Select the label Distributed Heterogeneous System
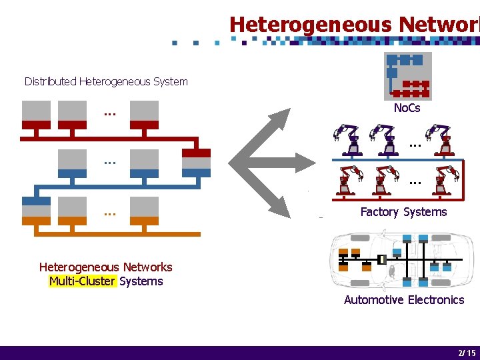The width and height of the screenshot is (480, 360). coord(106,81)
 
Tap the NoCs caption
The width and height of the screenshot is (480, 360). coord(407,108)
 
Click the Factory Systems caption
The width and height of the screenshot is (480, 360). coord(403,212)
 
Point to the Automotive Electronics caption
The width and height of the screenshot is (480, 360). coord(404,300)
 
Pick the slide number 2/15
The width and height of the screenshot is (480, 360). coord(467,353)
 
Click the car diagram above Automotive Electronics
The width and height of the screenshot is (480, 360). coord(404,259)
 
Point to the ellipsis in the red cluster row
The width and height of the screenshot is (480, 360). coord(110,113)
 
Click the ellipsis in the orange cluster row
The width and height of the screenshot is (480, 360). coord(110,213)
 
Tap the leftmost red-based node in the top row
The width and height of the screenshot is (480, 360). coord(36,115)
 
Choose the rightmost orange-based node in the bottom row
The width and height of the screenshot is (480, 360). coord(144,211)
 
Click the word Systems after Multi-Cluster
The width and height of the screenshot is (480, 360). coord(141,281)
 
